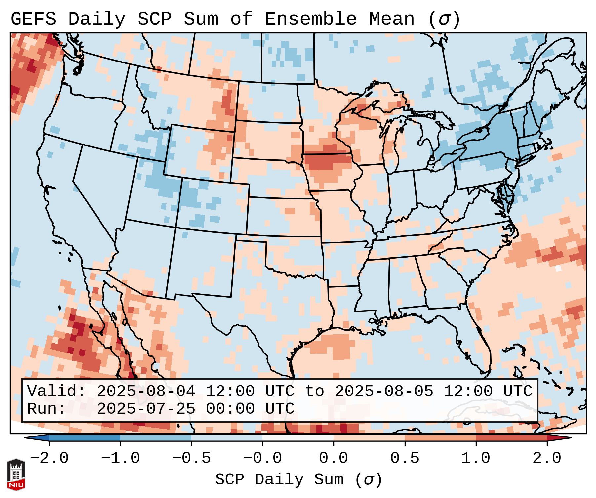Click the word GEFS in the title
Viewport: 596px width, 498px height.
click(x=33, y=19)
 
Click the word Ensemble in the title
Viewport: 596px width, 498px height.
click(x=310, y=19)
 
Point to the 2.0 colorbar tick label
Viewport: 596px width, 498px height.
click(x=547, y=458)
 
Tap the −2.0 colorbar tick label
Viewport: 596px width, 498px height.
click(x=49, y=458)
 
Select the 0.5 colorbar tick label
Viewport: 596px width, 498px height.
click(x=405, y=458)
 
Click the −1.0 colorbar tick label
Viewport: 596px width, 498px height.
click(x=120, y=458)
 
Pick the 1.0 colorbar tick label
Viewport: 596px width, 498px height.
click(x=476, y=458)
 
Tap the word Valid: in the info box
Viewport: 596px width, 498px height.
click(x=57, y=392)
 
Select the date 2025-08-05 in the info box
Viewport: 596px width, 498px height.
click(x=384, y=392)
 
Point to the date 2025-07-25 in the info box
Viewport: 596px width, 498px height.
click(x=146, y=409)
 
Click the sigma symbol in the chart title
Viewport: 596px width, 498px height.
click(x=444, y=19)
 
